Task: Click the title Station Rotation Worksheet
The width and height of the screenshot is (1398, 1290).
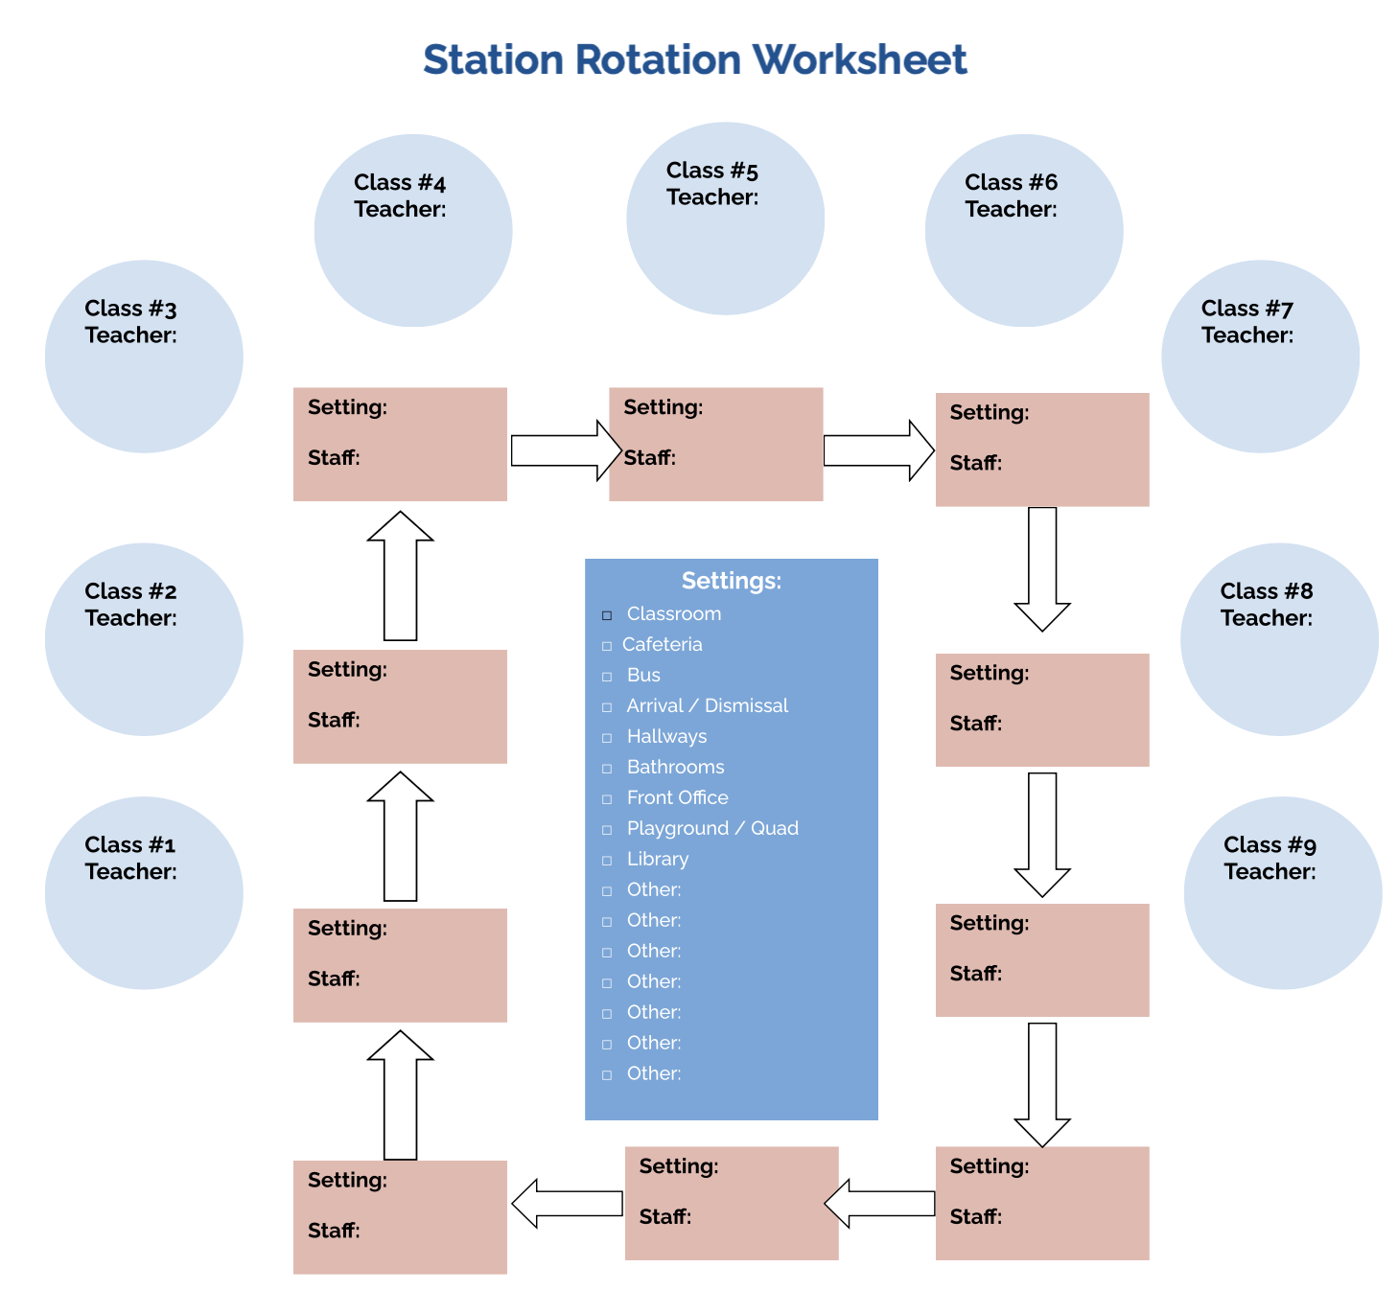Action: tap(694, 59)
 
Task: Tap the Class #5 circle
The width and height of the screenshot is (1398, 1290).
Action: tap(725, 219)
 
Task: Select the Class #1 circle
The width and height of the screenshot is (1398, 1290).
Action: tap(144, 893)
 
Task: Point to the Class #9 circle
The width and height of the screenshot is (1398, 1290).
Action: tap(1282, 893)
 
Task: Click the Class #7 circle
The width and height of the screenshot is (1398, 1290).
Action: tap(1260, 357)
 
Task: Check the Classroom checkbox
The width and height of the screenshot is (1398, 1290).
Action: tap(607, 615)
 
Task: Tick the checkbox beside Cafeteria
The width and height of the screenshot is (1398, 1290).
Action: tap(607, 646)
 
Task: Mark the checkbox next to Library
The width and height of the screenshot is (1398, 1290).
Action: tap(607, 861)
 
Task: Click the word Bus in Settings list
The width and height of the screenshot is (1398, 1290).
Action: tap(643, 676)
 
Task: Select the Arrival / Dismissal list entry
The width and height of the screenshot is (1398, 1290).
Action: tap(707, 706)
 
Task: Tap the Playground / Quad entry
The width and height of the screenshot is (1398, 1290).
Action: tap(712, 829)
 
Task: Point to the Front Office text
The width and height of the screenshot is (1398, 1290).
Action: tap(677, 798)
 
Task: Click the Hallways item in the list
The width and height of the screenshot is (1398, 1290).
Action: tap(666, 737)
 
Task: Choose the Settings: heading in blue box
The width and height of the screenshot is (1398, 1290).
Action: tap(731, 581)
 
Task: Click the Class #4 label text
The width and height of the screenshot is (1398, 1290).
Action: tap(400, 182)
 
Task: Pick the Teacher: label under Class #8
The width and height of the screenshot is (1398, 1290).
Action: tap(1266, 618)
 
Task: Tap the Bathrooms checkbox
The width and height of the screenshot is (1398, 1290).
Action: tap(607, 769)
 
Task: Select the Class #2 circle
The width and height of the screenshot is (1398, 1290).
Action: tap(144, 639)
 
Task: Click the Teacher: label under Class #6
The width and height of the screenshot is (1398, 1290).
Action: tap(1011, 209)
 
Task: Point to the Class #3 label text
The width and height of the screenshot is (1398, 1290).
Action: tap(130, 309)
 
